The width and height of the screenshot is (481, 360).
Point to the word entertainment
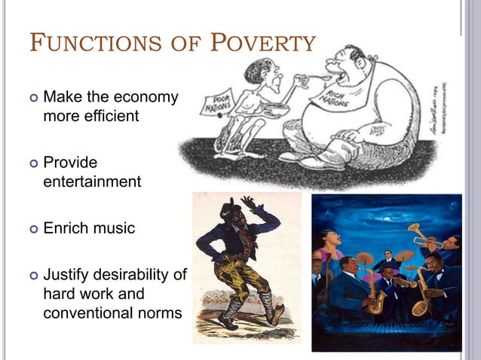coord(92,182)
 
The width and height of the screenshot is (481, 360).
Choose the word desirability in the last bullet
coord(141,274)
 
